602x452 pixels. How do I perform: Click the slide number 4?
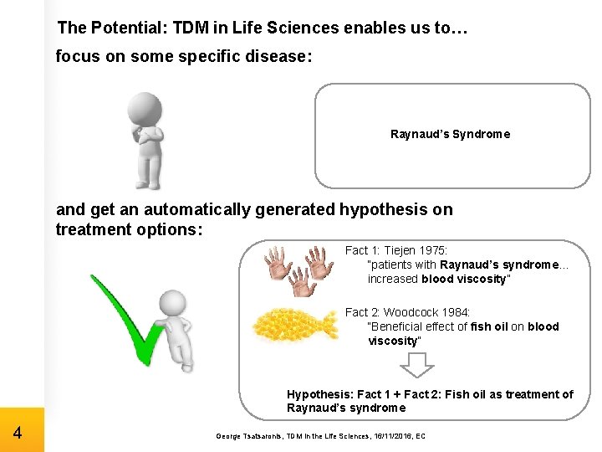[x=18, y=434]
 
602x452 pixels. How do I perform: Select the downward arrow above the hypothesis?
[x=416, y=365]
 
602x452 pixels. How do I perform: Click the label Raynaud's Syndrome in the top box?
[x=450, y=134]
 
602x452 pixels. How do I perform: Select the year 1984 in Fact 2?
[x=456, y=312]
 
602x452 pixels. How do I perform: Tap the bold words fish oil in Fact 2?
[x=489, y=326]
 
